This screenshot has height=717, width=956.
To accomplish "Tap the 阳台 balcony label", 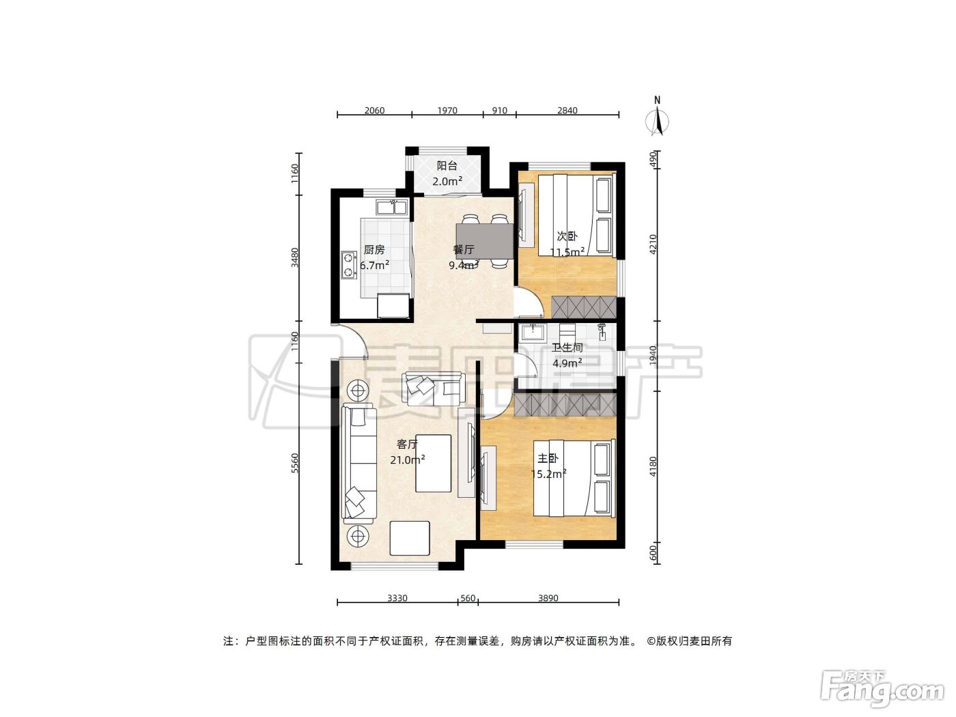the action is [x=447, y=165].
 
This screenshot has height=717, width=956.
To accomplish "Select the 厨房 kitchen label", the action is [x=374, y=249].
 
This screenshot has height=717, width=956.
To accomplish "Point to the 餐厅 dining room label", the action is [x=464, y=249].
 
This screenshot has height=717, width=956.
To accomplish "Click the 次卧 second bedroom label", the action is [x=567, y=236].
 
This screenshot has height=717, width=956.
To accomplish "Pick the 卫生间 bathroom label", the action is [x=567, y=348].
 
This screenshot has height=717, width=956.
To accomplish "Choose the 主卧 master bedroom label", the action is [x=548, y=458].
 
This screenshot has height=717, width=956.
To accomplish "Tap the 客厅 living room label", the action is [x=407, y=444].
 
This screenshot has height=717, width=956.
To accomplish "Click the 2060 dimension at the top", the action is [x=375, y=110].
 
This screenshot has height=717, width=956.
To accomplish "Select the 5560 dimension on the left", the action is [x=295, y=464].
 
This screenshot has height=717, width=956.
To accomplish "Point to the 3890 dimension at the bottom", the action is [x=548, y=598].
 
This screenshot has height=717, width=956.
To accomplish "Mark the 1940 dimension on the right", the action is [x=652, y=356].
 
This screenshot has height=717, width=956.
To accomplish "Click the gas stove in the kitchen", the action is [x=348, y=265].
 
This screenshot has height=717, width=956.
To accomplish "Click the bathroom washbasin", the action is [x=533, y=333].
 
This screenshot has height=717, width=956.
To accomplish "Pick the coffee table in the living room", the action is [x=434, y=463].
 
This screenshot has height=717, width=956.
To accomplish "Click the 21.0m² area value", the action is [x=408, y=460].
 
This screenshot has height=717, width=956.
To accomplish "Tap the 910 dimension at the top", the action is [x=500, y=110].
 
